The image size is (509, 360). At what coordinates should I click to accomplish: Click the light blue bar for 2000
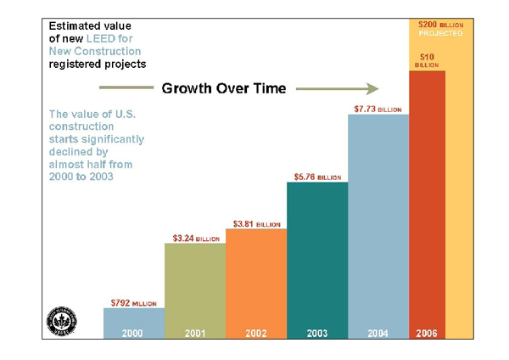(133, 319)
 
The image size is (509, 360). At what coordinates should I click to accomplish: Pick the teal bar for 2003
(317, 255)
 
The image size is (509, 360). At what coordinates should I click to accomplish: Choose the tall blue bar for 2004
(378, 221)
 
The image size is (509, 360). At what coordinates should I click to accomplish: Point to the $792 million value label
(133, 301)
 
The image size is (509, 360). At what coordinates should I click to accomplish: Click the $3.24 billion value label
(194, 238)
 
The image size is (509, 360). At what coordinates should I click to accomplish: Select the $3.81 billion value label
(256, 223)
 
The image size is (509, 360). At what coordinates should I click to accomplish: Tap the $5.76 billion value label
(317, 177)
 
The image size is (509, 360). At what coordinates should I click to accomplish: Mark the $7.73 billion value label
(378, 109)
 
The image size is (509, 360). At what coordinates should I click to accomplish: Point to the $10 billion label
(427, 59)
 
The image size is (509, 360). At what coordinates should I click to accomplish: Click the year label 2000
(133, 333)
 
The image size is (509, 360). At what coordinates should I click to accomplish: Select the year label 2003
(317, 333)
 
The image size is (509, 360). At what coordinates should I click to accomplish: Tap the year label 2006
(428, 333)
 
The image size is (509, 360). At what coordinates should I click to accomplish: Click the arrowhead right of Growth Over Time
(371, 87)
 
